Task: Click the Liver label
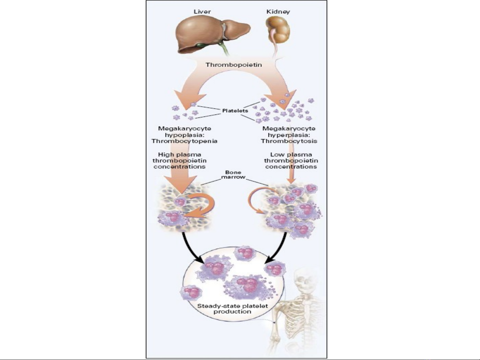(202, 12)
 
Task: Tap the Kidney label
(278, 12)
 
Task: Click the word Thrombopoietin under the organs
(234, 65)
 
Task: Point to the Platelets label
(235, 111)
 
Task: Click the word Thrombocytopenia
(184, 141)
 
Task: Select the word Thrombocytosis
(289, 141)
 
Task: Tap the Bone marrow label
(233, 175)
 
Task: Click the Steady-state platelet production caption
(233, 309)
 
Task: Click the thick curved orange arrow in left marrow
(203, 206)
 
